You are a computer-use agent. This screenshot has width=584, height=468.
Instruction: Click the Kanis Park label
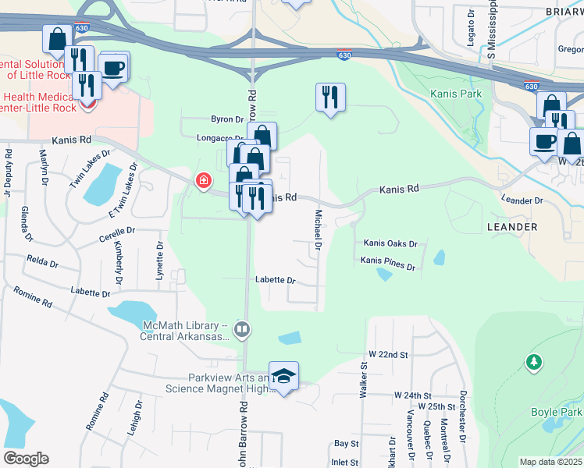pos(456,94)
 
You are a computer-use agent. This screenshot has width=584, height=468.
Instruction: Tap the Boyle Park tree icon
pos(534,362)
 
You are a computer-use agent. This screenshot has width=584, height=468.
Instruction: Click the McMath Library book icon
pos(242,331)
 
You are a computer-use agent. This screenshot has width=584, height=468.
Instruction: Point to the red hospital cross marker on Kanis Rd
pos(204,181)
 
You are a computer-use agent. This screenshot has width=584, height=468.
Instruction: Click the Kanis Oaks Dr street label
pos(391,244)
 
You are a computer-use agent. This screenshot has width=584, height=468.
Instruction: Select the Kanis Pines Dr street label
pos(389,265)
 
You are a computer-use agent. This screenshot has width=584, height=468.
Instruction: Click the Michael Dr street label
pos(319,229)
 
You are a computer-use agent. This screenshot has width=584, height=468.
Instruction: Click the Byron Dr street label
pos(227,119)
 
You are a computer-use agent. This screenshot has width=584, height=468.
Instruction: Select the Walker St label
pos(363,381)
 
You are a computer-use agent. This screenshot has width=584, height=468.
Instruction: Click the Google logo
pos(26,459)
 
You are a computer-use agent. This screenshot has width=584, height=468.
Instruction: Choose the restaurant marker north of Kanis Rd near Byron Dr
pos(330,97)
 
